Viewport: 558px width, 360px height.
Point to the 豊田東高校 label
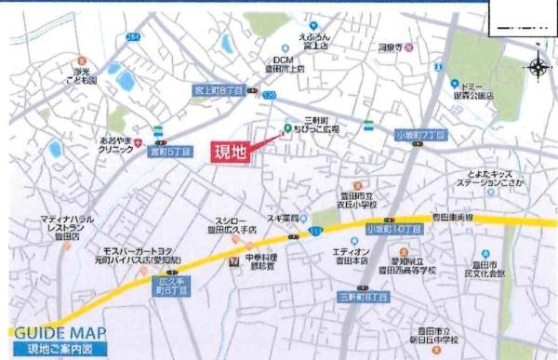(x=450, y=218)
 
